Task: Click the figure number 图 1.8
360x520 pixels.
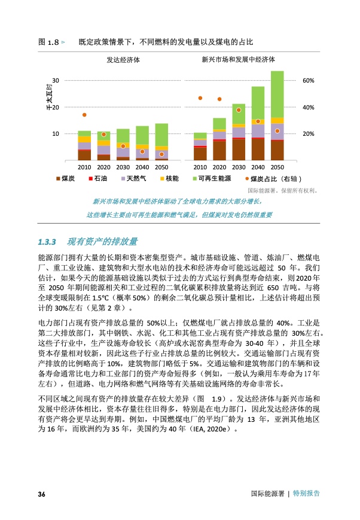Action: [48, 43]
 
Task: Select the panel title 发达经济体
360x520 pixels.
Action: [123, 60]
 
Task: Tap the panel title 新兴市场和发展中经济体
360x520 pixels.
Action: [238, 60]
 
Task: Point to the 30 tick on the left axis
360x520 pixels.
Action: [56, 80]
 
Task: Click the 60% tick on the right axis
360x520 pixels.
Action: [309, 80]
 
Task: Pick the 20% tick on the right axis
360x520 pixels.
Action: [309, 134]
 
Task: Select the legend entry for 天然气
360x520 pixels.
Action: [133, 179]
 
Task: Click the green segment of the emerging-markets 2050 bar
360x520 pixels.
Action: [277, 95]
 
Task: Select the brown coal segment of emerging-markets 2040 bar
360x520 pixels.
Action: [258, 149]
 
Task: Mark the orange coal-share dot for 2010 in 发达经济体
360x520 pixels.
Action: [84, 115]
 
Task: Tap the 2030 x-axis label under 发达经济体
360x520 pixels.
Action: [123, 168]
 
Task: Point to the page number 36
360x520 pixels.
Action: [42, 494]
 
